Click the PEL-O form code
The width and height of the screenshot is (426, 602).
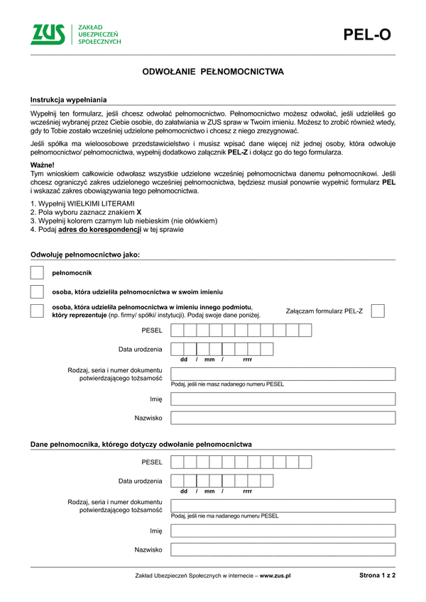tap(367, 35)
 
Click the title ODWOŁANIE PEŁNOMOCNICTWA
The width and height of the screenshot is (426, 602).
tap(213, 72)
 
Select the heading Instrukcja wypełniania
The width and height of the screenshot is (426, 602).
tap(68, 100)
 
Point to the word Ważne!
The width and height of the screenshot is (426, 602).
tap(43, 165)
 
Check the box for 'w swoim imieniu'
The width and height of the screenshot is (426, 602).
tap(37, 292)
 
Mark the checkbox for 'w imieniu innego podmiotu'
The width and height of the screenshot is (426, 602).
tap(37, 311)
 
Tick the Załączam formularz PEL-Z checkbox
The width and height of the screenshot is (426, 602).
tap(378, 311)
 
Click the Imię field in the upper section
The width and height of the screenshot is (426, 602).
tap(283, 398)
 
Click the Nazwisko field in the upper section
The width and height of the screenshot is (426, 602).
tap(283, 418)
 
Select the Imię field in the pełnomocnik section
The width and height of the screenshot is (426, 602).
tap(283, 530)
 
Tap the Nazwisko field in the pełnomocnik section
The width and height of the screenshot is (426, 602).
tap(283, 550)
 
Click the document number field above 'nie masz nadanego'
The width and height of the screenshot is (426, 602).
tap(283, 374)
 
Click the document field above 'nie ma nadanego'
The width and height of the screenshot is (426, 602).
tap(283, 506)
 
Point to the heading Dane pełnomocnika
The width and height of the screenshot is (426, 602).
tap(141, 444)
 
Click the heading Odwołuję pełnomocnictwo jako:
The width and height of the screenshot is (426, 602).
tap(85, 254)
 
